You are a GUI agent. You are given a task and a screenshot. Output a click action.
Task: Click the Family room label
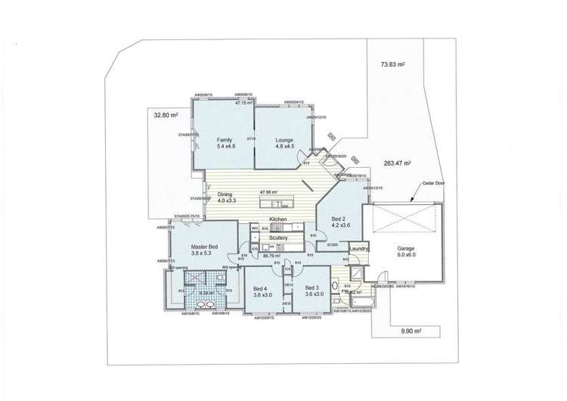(225, 140)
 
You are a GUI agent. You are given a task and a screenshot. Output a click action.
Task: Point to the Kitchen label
(279, 218)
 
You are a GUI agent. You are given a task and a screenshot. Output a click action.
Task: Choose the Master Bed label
(204, 247)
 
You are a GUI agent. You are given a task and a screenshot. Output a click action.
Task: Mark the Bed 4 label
(259, 288)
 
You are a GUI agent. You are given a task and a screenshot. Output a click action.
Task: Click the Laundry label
(359, 248)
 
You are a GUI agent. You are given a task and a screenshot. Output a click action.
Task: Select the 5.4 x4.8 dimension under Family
(225, 147)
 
